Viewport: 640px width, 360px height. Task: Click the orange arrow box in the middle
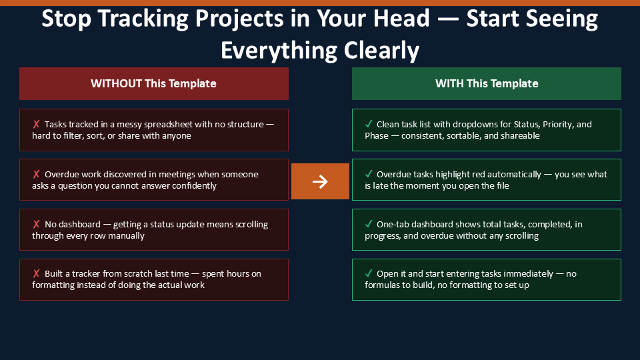pyautogui.click(x=320, y=181)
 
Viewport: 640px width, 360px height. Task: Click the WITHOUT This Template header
pyautogui.click(x=154, y=84)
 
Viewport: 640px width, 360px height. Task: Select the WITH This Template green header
pyautogui.click(x=487, y=84)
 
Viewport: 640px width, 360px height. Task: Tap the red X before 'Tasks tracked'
pyautogui.click(x=36, y=124)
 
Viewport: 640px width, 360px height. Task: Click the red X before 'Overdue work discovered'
pyautogui.click(x=36, y=174)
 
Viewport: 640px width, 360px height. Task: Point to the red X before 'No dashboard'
pyautogui.click(x=36, y=224)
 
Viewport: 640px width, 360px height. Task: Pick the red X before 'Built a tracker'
pyautogui.click(x=36, y=273)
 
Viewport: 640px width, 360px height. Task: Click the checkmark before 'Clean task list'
pyautogui.click(x=369, y=124)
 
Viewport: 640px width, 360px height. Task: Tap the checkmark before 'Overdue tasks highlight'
pyautogui.click(x=369, y=174)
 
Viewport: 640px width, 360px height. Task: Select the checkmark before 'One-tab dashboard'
pyautogui.click(x=369, y=224)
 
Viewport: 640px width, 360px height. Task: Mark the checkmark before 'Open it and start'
pyautogui.click(x=369, y=273)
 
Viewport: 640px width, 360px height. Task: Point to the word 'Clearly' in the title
pyautogui.click(x=381, y=51)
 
